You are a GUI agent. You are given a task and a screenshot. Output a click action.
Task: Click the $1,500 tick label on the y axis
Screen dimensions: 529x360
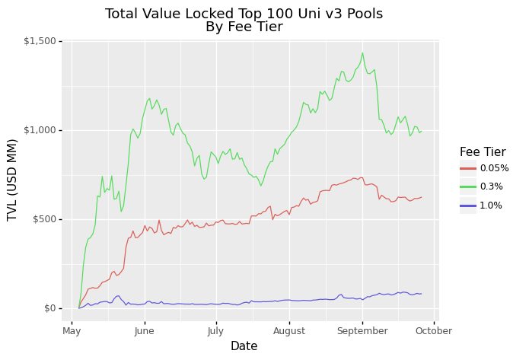pyautogui.click(x=40, y=42)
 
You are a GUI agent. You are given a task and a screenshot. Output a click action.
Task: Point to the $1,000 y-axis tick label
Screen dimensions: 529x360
pyautogui.click(x=40, y=130)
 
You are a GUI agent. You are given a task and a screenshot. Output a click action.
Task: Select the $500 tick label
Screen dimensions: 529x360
pyautogui.click(x=44, y=219)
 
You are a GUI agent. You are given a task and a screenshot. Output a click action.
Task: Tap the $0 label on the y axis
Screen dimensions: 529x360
pyautogui.click(x=50, y=308)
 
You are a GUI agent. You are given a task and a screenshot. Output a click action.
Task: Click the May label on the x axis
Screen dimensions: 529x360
pyautogui.click(x=72, y=331)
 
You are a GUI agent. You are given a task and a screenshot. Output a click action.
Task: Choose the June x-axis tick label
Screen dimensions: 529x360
pyautogui.click(x=145, y=331)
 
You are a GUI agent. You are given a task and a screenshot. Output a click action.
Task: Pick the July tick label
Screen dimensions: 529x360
pyautogui.click(x=215, y=331)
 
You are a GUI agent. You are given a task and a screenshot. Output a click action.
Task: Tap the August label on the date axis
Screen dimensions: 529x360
pyautogui.click(x=289, y=331)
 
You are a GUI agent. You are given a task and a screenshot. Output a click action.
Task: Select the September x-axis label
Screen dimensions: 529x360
pyautogui.click(x=362, y=331)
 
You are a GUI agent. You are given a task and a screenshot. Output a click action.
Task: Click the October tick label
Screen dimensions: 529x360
pyautogui.click(x=434, y=331)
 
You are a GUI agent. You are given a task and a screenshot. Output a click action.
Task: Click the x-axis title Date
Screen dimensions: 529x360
pyautogui.click(x=244, y=346)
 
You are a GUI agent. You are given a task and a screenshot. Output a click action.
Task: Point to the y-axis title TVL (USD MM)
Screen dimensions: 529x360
pyautogui.click(x=12, y=180)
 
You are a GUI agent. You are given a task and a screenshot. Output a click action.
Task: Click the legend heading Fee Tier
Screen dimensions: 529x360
pyautogui.click(x=483, y=151)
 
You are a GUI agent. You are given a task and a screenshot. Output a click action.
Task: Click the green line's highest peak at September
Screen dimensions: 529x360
pyautogui.click(x=362, y=53)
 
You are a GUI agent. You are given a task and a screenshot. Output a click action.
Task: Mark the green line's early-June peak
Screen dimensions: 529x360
pyautogui.click(x=149, y=98)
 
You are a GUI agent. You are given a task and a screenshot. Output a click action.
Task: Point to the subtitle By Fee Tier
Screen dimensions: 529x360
pyautogui.click(x=244, y=27)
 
